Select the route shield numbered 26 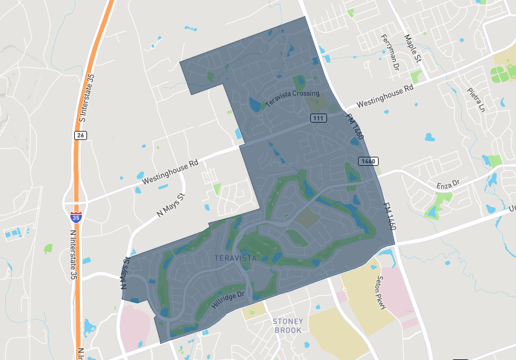point(80,135)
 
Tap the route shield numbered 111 point(318,118)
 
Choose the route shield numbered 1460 point(369,160)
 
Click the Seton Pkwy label point(380,294)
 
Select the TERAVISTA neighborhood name point(235,258)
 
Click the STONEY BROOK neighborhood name point(287,325)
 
